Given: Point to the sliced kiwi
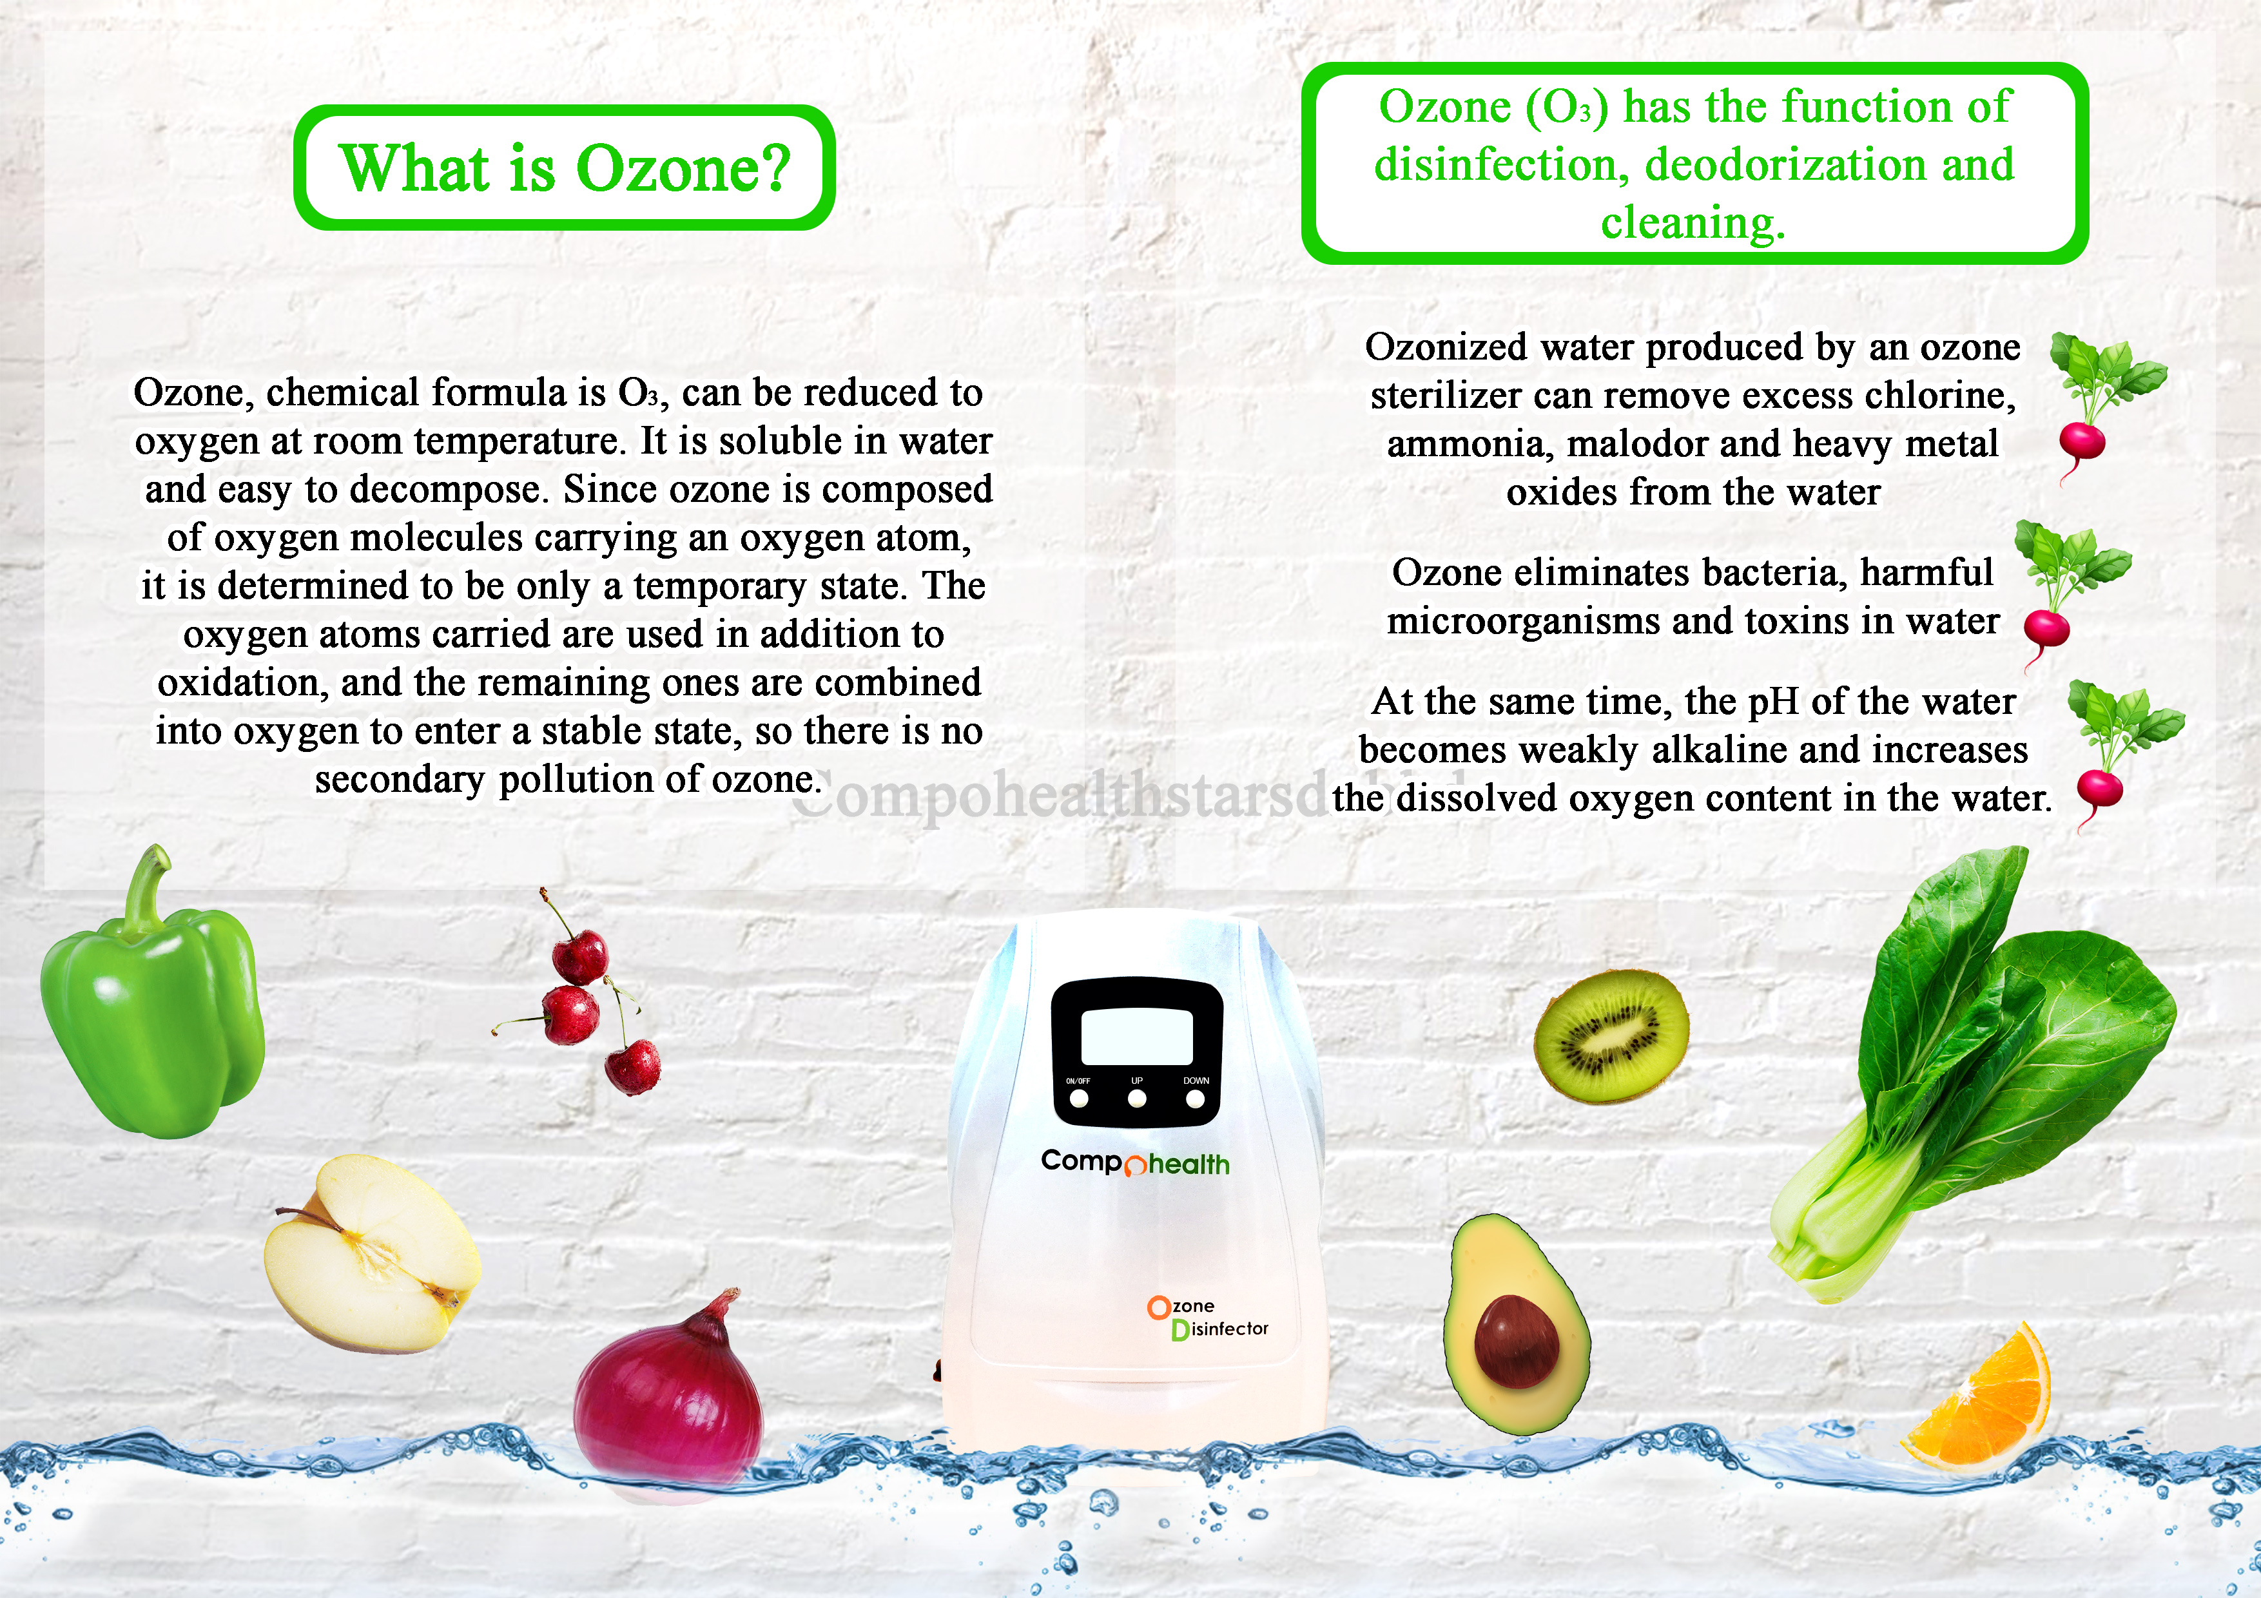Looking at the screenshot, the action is (x=1611, y=1035).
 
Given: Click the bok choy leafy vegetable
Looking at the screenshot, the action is (x=1970, y=1073).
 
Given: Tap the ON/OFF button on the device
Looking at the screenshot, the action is (x=1080, y=1098).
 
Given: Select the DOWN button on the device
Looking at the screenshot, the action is (x=1196, y=1098).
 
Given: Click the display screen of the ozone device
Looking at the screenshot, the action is (x=1136, y=1037).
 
